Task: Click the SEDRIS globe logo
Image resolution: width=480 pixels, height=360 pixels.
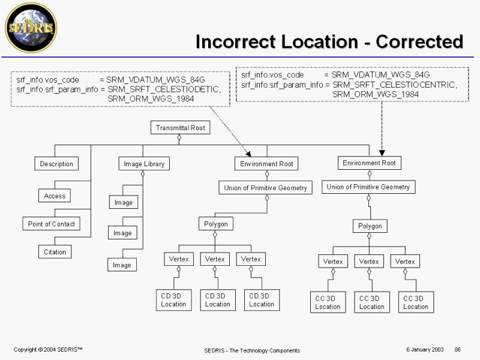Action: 31,27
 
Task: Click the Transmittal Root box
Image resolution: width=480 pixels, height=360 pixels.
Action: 180,128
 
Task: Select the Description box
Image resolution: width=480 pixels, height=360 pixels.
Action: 56,164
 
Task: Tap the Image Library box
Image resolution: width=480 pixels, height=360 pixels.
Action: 143,164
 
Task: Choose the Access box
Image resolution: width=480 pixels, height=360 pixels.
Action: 55,196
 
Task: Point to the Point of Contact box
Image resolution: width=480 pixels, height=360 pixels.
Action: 52,224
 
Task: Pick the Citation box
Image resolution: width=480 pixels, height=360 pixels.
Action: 55,252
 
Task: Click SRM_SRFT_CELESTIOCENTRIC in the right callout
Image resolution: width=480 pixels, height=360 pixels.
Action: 394,85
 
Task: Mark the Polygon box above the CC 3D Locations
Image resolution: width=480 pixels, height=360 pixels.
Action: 370,226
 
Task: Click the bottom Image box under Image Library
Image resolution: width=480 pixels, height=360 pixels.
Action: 122,265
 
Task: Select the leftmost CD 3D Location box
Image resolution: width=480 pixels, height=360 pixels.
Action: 173,300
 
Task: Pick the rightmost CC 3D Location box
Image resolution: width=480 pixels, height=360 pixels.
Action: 416,302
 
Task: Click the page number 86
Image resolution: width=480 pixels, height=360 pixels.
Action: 458,350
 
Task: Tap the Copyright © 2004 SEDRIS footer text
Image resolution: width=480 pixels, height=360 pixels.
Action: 48,350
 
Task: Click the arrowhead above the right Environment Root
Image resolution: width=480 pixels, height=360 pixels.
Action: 382,153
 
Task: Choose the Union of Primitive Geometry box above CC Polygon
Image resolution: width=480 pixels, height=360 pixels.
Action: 368,187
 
